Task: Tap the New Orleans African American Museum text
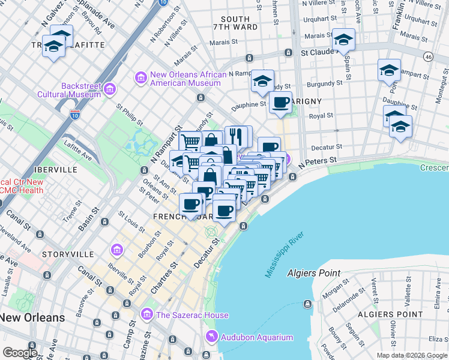[x=188, y=79]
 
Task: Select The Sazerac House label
[x=191, y=315]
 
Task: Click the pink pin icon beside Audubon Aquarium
[x=210, y=337]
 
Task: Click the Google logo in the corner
[x=20, y=353]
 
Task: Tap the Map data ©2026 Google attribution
[x=412, y=355]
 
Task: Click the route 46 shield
[x=427, y=56]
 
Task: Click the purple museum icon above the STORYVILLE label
[x=117, y=249]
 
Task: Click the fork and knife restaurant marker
[x=236, y=136]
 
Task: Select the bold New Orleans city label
[x=32, y=317]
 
